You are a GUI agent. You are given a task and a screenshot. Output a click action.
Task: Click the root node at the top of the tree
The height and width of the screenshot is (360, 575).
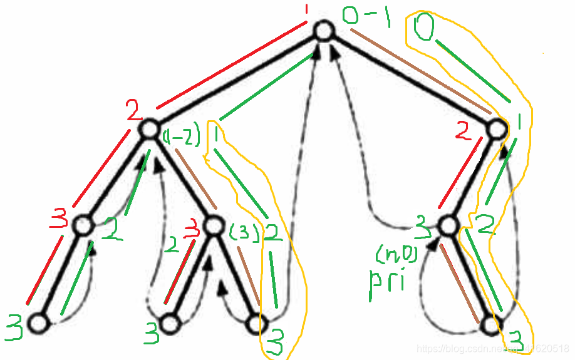pyautogui.click(x=323, y=32)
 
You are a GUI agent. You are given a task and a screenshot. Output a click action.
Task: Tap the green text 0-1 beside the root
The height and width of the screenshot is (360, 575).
pyautogui.click(x=366, y=18)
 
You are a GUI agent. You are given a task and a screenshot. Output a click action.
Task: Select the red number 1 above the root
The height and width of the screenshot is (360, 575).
pyautogui.click(x=306, y=10)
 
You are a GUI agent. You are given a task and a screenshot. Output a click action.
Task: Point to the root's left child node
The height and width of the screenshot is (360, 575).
pyautogui.click(x=148, y=129)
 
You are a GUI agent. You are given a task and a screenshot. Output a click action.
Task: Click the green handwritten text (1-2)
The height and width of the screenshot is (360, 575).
pyautogui.click(x=182, y=135)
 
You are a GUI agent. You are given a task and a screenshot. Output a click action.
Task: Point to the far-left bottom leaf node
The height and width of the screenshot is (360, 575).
pyautogui.click(x=39, y=323)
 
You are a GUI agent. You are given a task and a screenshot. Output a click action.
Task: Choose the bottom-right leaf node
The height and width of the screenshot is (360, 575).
pyautogui.click(x=490, y=324)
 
